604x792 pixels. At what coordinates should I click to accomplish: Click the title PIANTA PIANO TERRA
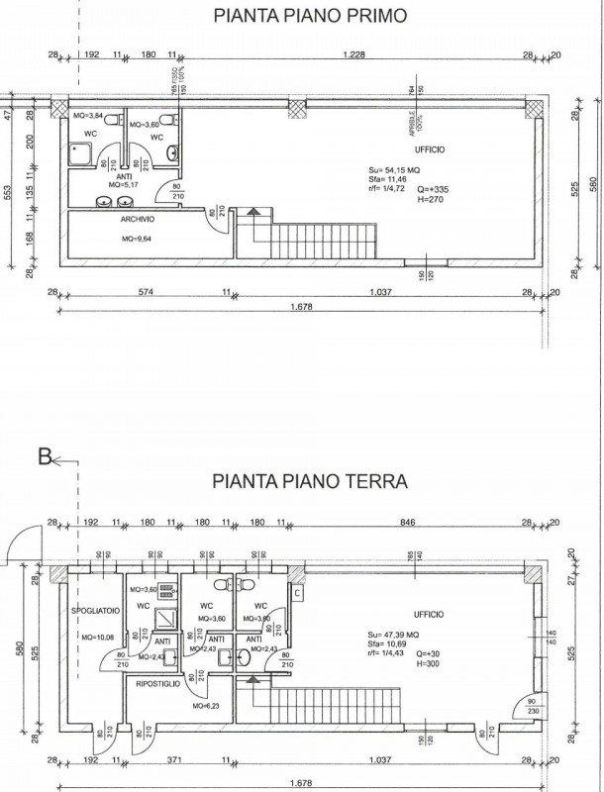coord(309,482)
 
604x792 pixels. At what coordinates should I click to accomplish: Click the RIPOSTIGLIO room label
coord(158,683)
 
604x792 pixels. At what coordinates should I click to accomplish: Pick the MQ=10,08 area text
coord(84,638)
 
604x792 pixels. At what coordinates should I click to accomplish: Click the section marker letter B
coord(44,457)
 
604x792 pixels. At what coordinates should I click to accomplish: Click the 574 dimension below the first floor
coord(147,293)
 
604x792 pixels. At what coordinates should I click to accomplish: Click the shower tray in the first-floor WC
coord(80,153)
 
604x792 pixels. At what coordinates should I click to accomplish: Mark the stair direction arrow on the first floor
coord(253,213)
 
